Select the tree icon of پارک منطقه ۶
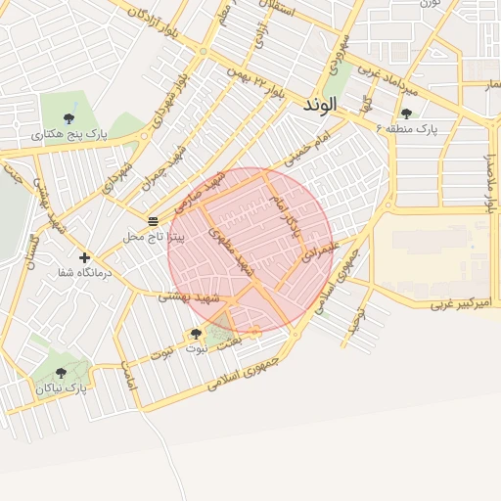click(406, 114)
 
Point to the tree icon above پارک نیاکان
click(62, 373)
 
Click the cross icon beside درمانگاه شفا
click(85, 257)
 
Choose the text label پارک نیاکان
click(62, 388)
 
